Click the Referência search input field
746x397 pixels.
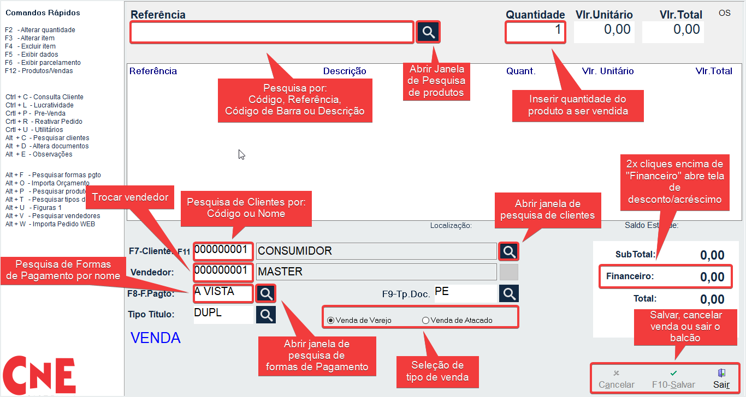point(271,33)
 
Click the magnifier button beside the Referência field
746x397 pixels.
point(429,32)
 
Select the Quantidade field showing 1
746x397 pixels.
point(535,32)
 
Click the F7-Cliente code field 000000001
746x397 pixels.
point(223,251)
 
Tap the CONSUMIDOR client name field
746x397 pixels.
point(376,251)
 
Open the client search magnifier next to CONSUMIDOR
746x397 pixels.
point(509,251)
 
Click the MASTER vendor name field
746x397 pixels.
point(376,272)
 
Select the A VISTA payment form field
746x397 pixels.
point(223,293)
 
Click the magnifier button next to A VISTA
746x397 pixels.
point(266,293)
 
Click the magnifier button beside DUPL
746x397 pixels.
point(266,315)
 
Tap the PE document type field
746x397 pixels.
point(465,293)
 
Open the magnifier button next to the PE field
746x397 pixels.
point(509,293)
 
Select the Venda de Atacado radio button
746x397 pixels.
point(426,321)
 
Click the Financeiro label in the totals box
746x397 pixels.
point(630,276)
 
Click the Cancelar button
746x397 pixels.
point(616,380)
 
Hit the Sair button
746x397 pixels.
point(721,380)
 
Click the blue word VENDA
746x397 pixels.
point(156,338)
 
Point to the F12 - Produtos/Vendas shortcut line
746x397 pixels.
point(39,71)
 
